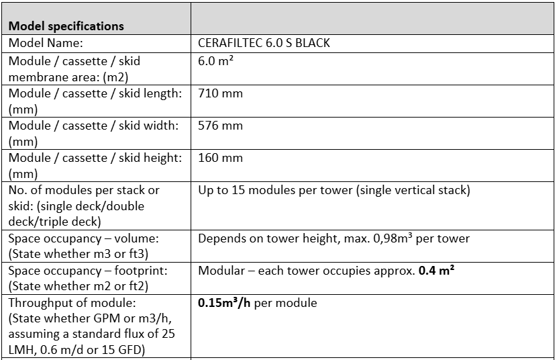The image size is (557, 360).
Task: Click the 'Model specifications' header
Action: click(66, 26)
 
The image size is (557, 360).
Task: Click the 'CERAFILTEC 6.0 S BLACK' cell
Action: click(264, 43)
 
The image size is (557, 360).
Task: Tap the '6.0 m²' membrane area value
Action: click(215, 60)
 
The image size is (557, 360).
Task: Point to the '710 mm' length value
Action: click(220, 93)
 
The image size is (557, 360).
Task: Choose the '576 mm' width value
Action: click(220, 126)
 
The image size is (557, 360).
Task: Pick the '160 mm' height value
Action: click(220, 158)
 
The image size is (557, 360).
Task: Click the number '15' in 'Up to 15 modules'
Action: click(236, 190)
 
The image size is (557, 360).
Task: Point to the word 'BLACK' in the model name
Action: click(313, 43)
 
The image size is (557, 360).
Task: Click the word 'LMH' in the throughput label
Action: click(23, 351)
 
